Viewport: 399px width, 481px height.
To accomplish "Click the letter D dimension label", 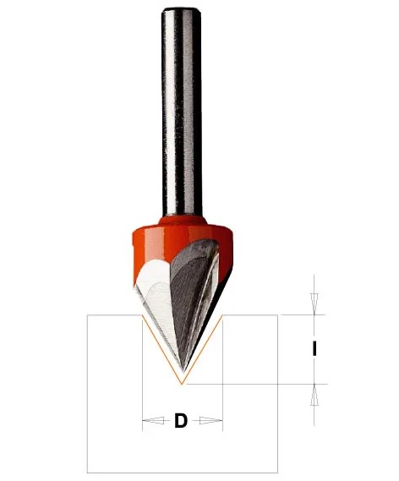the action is pyautogui.click(x=181, y=421).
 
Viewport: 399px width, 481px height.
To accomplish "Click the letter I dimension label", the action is pyautogui.click(x=314, y=349).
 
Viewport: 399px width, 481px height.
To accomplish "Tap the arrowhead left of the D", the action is pyautogui.click(x=153, y=421).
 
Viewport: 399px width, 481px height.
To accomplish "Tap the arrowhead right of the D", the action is pyautogui.click(x=211, y=421).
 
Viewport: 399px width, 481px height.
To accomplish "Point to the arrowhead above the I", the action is pyautogui.click(x=314, y=303).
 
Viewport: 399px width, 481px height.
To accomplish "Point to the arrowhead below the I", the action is pyautogui.click(x=314, y=395).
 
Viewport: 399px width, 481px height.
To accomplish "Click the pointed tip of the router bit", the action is pyautogui.click(x=183, y=372).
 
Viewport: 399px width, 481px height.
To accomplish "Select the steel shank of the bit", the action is pyautogui.click(x=182, y=112).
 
